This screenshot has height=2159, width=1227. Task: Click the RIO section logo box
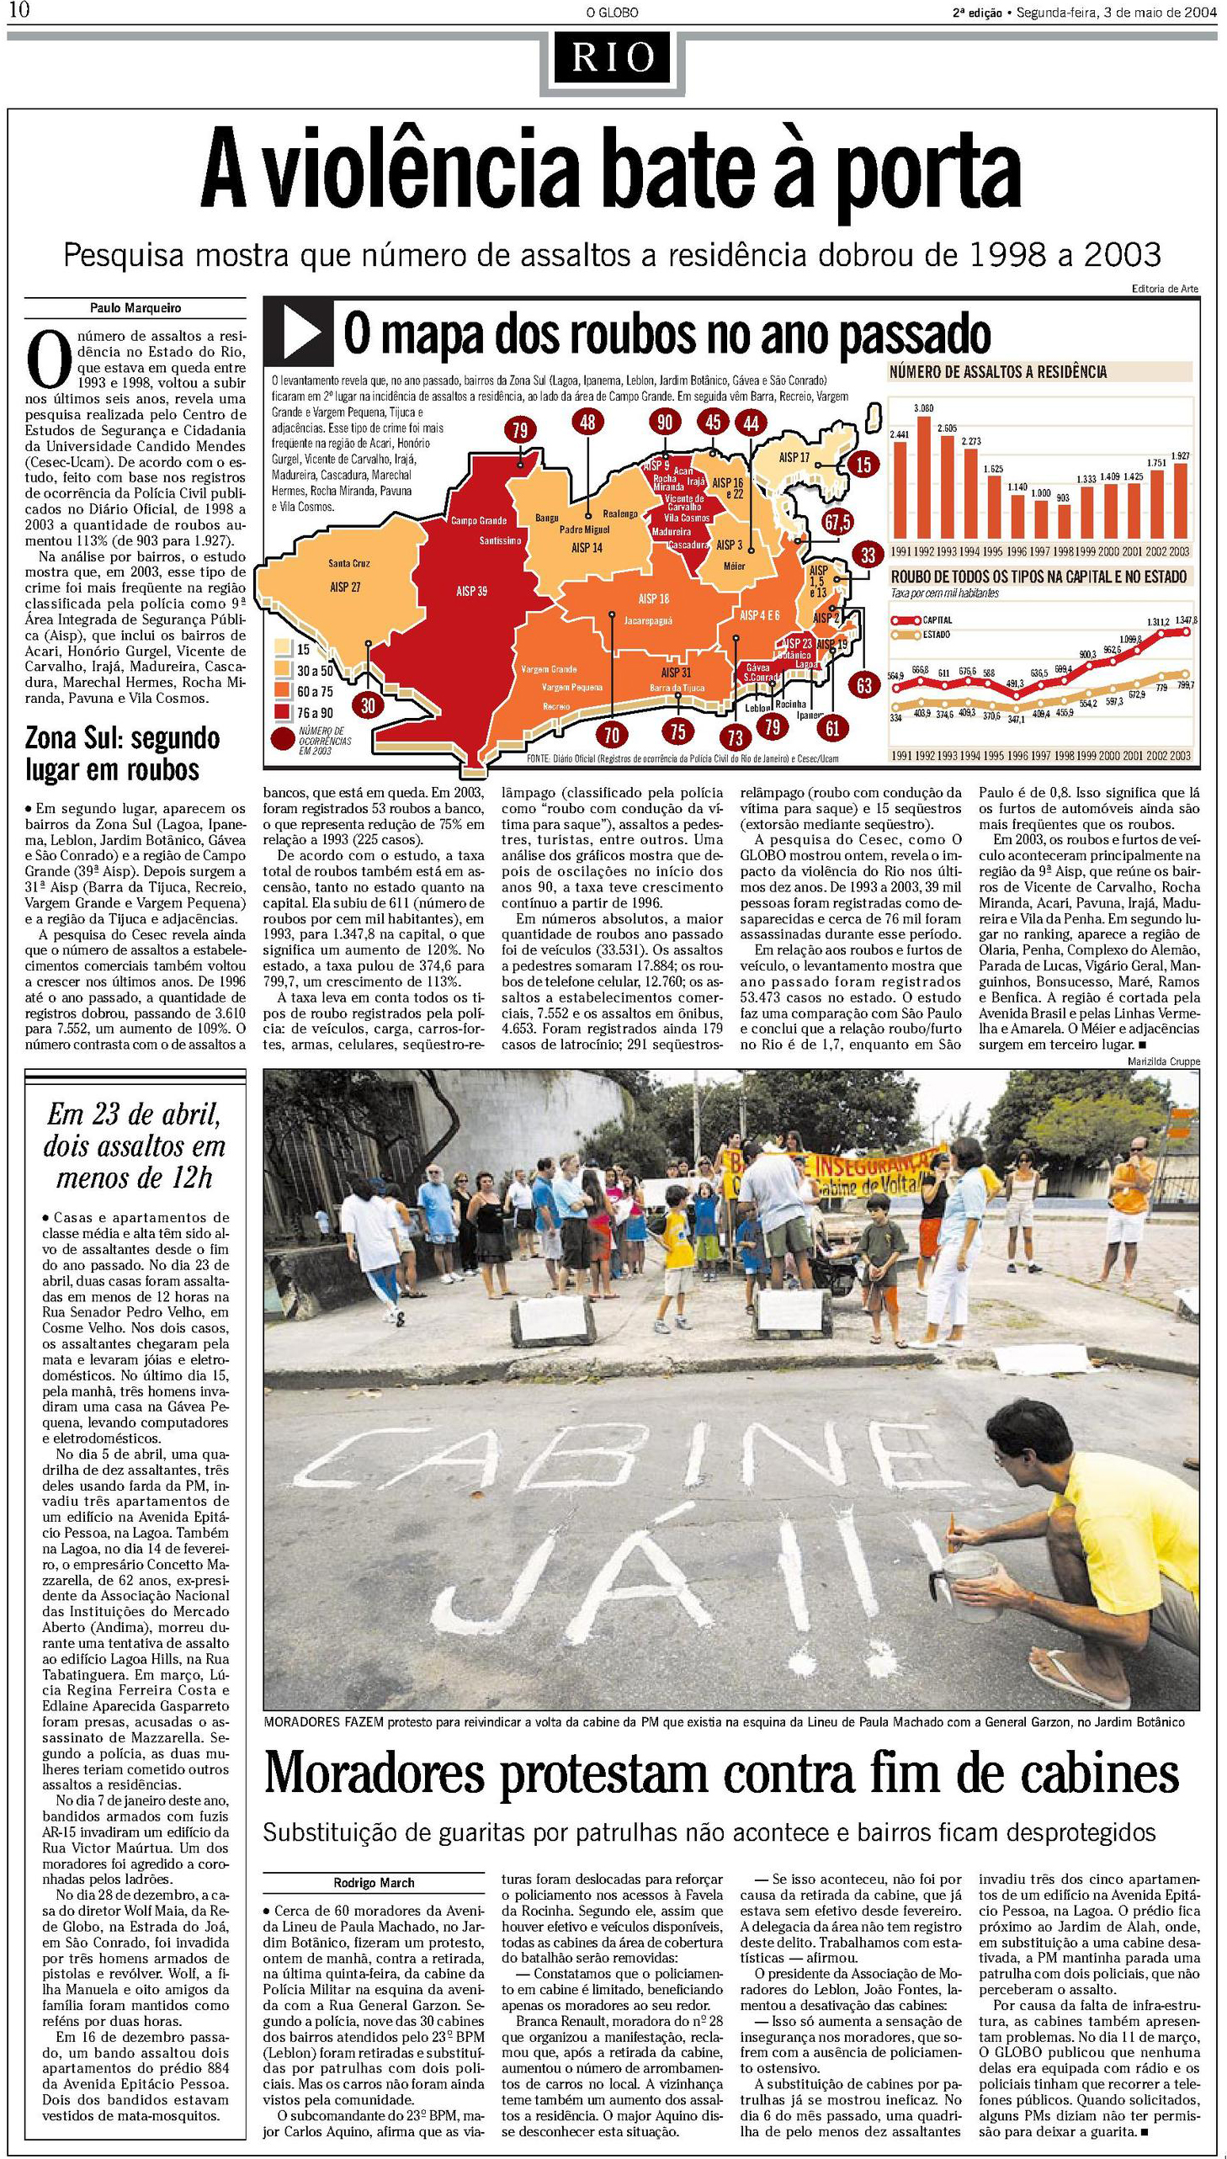tap(613, 57)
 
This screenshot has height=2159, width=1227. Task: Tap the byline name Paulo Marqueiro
tap(135, 308)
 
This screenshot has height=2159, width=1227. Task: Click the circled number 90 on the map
tap(665, 423)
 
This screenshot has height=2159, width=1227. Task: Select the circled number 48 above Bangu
tap(587, 423)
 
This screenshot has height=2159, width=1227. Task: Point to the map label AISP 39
tap(471, 592)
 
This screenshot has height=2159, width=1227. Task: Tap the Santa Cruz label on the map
tap(349, 563)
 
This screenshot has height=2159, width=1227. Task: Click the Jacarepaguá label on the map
tap(648, 620)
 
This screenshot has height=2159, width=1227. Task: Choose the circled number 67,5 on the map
tap(837, 522)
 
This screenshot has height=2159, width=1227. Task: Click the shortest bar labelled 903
tap(1063, 522)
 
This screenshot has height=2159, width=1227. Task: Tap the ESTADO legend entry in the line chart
tap(936, 634)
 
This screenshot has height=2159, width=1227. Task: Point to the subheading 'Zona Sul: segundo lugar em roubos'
tap(123, 753)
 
